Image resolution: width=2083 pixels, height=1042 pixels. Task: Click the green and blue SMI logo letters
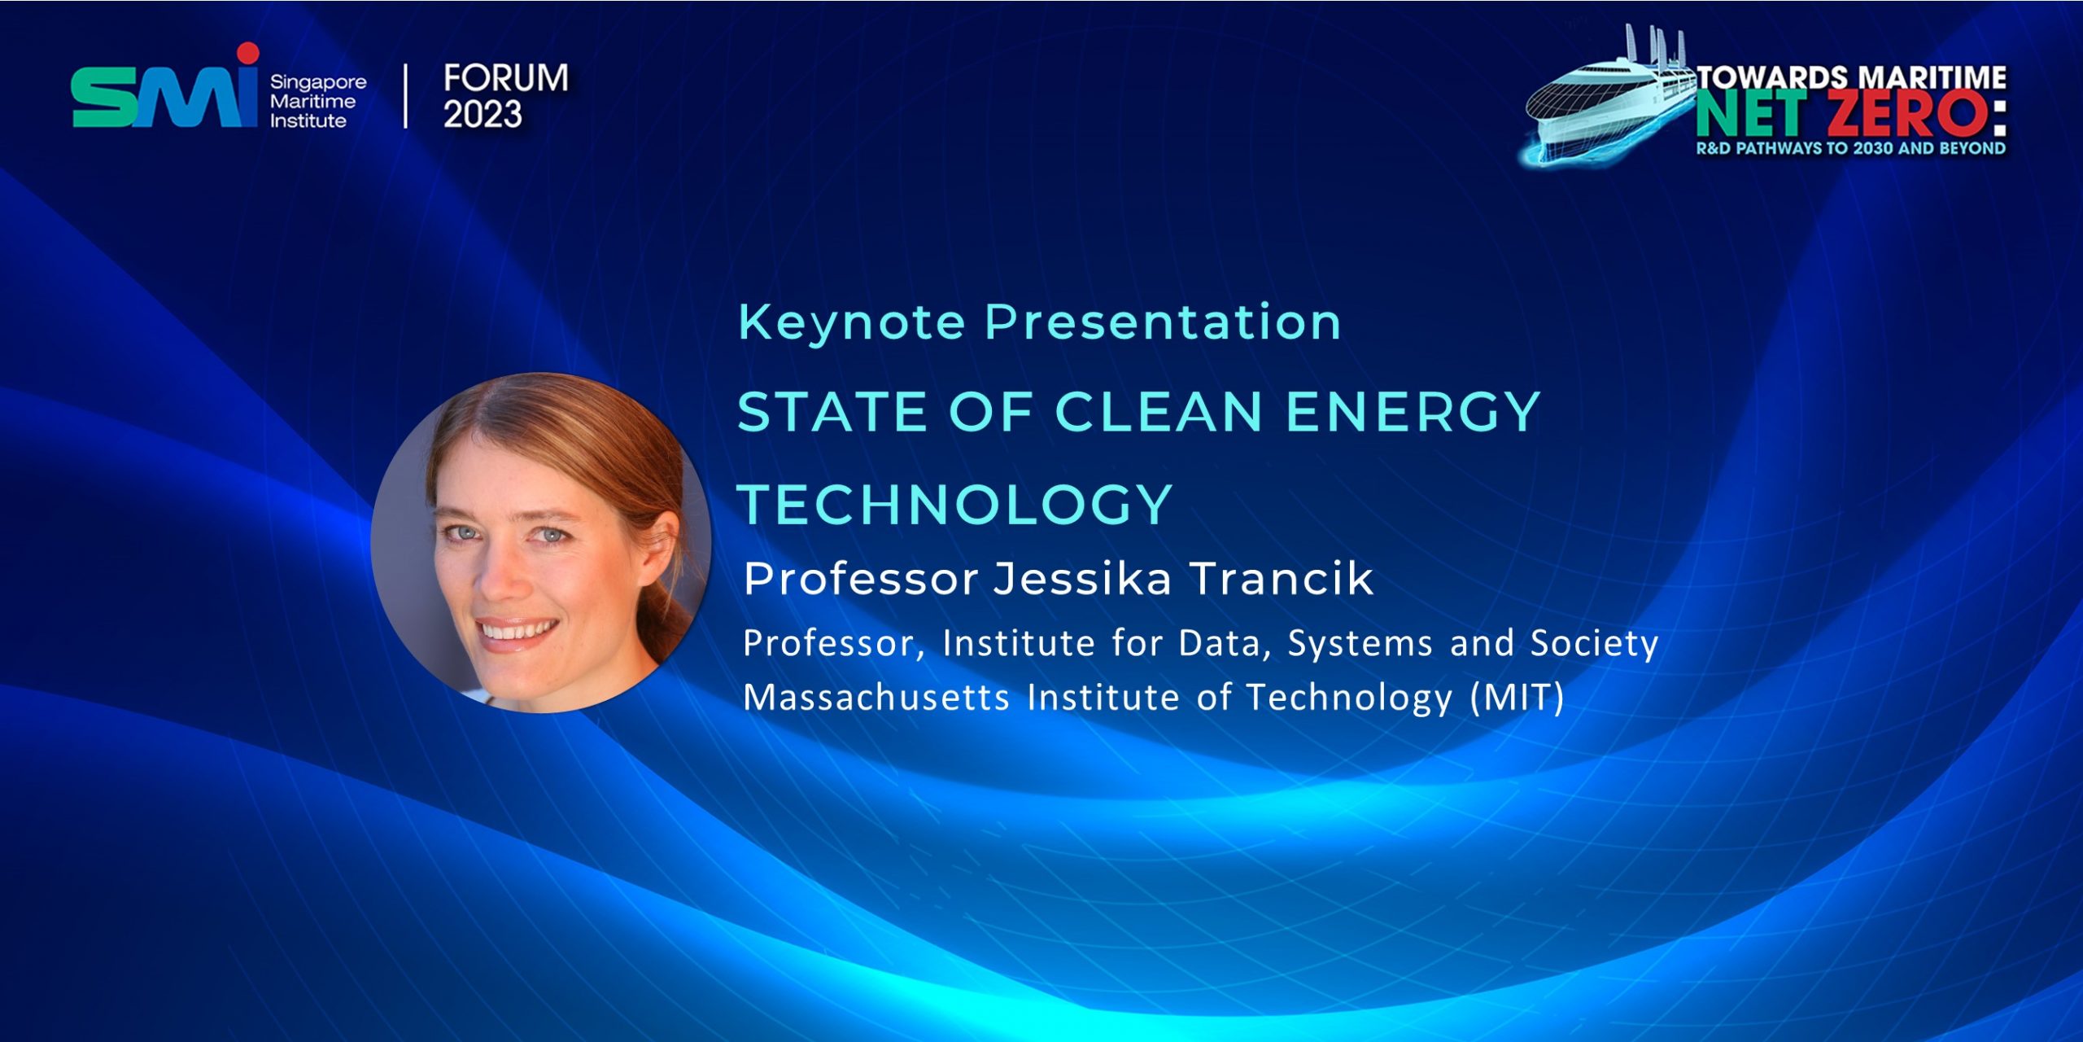(x=164, y=96)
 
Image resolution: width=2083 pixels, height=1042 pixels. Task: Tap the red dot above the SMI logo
(x=247, y=53)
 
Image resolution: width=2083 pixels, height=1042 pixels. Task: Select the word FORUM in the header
(x=506, y=78)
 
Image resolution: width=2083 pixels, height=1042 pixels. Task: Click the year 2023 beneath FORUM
(x=483, y=114)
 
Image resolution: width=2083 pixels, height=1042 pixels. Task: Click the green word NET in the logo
(x=1758, y=114)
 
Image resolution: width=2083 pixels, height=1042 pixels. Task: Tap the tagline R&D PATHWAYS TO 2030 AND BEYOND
(x=1851, y=148)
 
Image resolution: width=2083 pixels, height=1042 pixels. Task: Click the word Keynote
(x=852, y=323)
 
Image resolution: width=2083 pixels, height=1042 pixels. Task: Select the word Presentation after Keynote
(x=1163, y=323)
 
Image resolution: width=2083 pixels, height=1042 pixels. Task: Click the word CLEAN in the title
(x=1159, y=411)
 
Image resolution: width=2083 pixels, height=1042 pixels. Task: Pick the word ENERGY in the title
(x=1413, y=411)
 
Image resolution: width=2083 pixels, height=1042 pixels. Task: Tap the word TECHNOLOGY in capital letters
(x=955, y=504)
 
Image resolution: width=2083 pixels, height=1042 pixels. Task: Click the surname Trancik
(x=1282, y=579)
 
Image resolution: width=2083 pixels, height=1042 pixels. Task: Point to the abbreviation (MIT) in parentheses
(x=1517, y=698)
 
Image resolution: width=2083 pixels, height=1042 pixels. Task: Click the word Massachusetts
(x=876, y=698)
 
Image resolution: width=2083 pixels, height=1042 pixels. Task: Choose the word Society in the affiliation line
(x=1594, y=644)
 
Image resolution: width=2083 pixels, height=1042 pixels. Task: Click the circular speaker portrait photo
(x=541, y=543)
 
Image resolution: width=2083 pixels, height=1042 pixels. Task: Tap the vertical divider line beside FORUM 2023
(x=406, y=96)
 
